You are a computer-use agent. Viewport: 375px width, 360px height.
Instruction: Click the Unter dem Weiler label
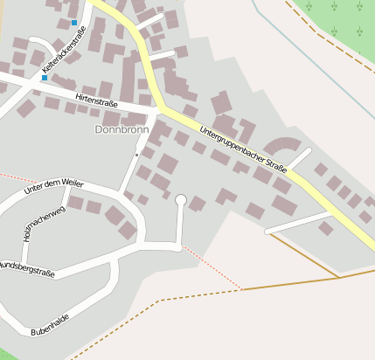point(53,185)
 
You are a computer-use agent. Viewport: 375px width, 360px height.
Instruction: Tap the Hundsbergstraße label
point(26,268)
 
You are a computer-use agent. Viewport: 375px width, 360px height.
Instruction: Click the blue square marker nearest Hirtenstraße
point(45,78)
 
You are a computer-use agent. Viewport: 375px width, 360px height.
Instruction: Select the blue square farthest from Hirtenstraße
point(74,23)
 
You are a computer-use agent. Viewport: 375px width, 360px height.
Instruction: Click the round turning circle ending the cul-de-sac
point(181,200)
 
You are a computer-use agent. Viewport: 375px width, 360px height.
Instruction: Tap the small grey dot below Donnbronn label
point(136,155)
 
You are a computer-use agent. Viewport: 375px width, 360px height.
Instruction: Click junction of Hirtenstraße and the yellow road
point(161,110)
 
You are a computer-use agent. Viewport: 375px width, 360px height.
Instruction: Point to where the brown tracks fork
point(338,278)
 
